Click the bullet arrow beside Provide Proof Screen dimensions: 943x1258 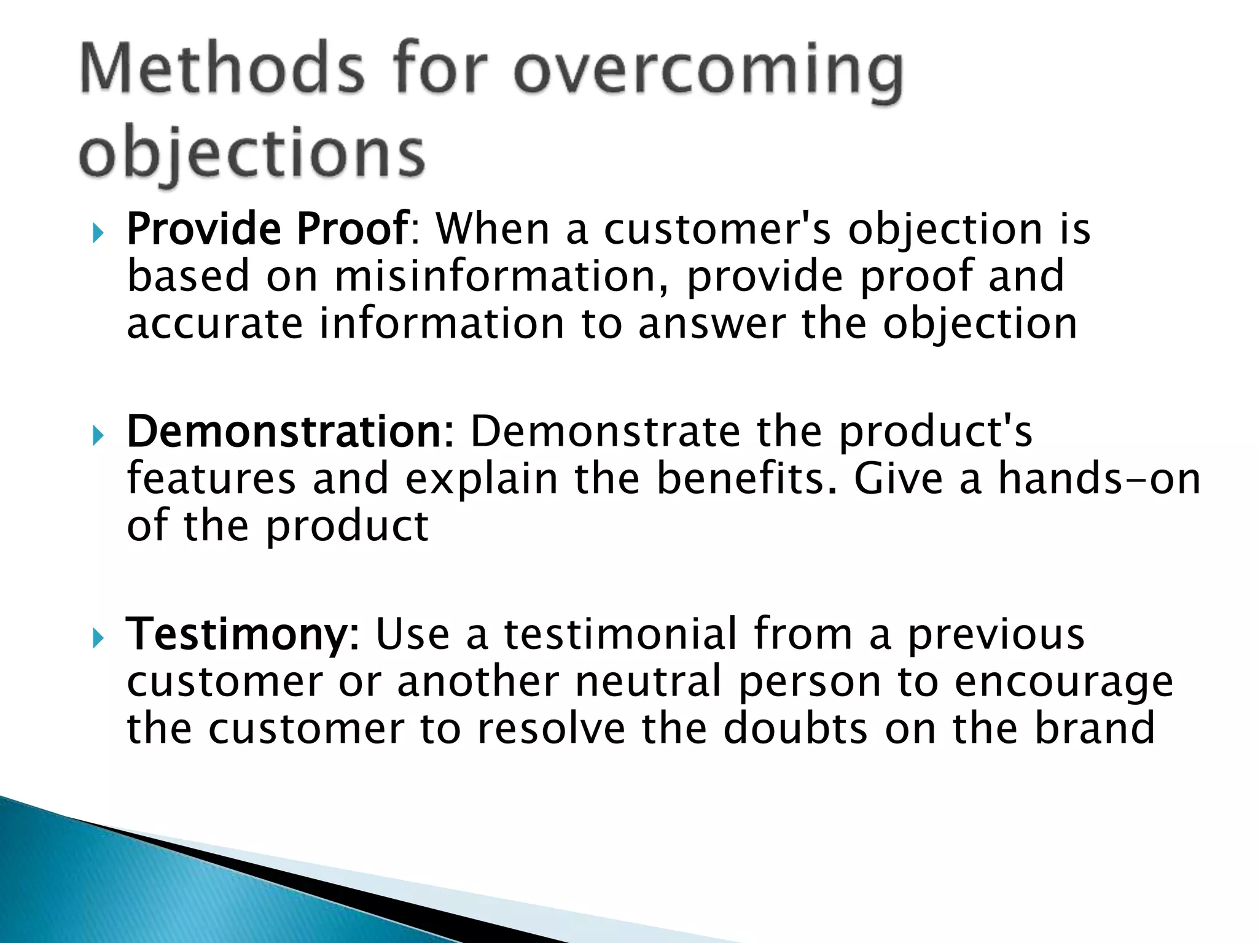(x=98, y=233)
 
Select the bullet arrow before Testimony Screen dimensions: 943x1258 (x=98, y=639)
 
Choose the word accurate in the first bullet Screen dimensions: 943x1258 (x=214, y=324)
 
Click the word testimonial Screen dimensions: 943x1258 (x=620, y=635)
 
